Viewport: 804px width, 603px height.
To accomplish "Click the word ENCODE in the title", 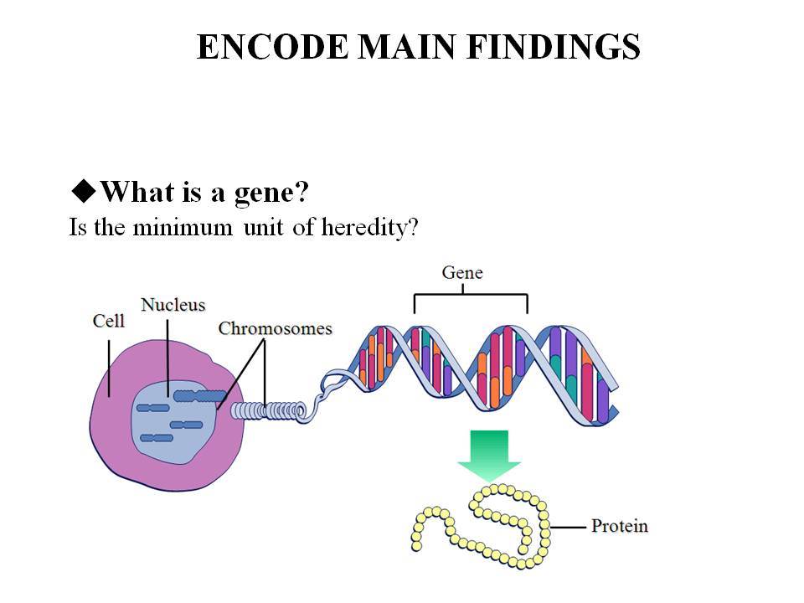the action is tap(272, 47).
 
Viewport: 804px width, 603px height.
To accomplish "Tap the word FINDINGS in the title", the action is tap(554, 47).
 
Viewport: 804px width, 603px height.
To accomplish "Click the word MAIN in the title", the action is tap(407, 47).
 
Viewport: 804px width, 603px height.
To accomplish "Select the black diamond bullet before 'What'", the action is tap(84, 191).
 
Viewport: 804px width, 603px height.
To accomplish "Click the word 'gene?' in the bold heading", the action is tap(271, 193).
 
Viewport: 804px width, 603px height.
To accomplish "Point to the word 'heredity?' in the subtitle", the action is tap(369, 227).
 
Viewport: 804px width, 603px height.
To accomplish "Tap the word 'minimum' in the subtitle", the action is tap(183, 227).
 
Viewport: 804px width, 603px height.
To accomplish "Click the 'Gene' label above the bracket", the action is tap(462, 273).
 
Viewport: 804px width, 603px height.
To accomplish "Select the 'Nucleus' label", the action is tap(173, 305).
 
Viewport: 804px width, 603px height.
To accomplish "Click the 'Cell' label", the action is tap(109, 321).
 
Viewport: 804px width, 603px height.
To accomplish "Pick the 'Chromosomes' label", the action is tap(275, 328).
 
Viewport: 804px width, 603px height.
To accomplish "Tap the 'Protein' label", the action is tap(620, 526).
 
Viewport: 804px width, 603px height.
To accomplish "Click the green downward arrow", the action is tap(489, 456).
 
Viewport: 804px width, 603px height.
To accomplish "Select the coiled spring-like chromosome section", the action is tap(268, 411).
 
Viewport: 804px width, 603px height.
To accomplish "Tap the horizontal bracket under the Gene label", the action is tap(471, 294).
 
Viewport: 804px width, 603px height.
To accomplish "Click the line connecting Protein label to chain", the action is tap(568, 527).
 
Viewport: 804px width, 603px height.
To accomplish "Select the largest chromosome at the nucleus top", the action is tap(199, 396).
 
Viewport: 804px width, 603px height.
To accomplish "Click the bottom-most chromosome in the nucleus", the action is tap(157, 438).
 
